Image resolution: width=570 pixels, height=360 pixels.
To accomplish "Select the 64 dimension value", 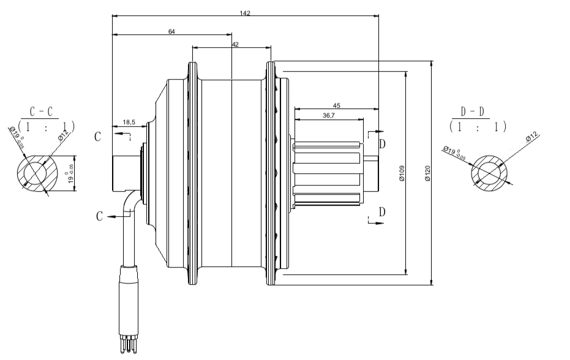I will coord(171,31).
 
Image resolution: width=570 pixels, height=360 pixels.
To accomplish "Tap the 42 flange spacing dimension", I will coord(236,44).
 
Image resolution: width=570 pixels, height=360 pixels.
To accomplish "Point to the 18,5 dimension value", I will coord(129,122).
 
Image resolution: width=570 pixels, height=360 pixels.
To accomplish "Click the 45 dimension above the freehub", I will coord(337,105).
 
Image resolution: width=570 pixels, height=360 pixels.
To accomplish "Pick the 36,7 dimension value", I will coord(328,115).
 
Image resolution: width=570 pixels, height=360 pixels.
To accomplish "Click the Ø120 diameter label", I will coord(427,173).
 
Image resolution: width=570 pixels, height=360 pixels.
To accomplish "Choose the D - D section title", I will coord(475,112).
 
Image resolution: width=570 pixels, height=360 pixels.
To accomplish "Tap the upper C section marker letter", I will coord(97,137).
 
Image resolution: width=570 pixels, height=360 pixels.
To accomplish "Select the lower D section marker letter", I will coord(382,212).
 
